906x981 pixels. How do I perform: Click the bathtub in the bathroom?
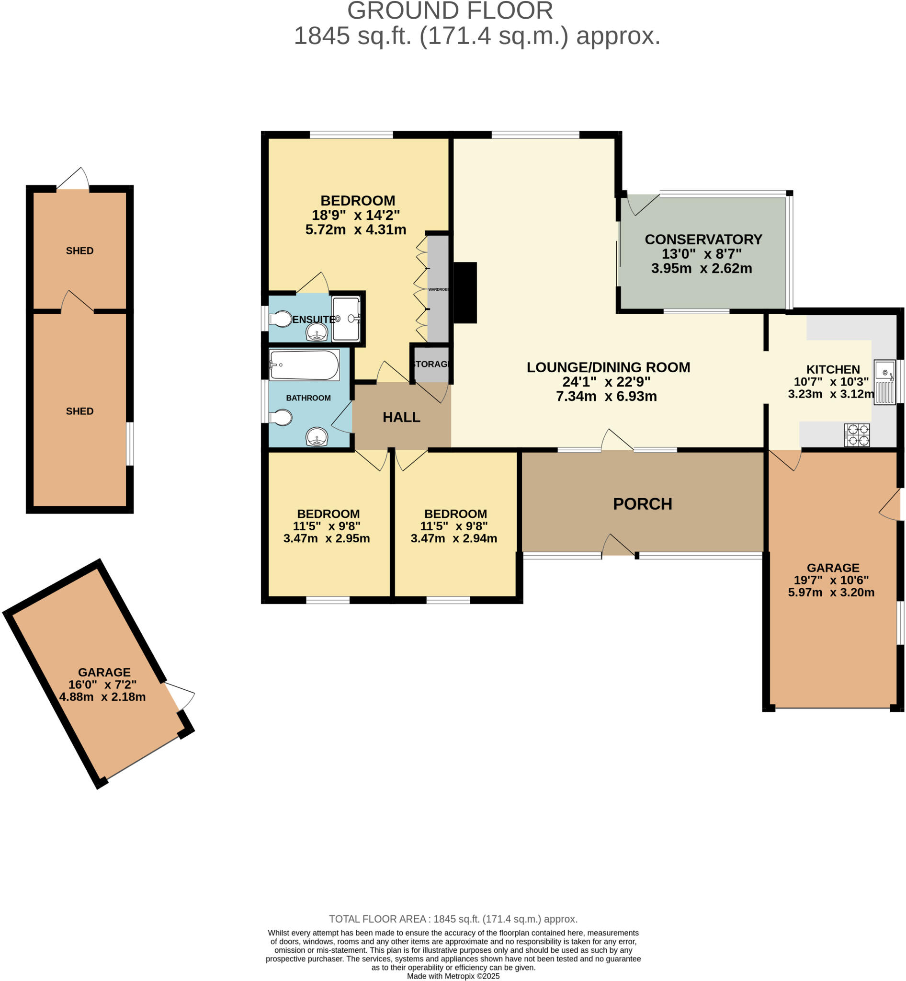tap(304, 365)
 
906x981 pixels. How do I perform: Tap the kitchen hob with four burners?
tap(857, 434)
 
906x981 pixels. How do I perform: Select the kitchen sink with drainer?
tap(884, 382)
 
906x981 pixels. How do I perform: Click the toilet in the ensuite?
tap(281, 319)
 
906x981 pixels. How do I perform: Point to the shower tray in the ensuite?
tap(346, 319)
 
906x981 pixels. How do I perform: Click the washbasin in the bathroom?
tap(317, 436)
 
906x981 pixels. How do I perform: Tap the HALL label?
tap(401, 417)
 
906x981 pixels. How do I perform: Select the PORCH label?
tap(642, 504)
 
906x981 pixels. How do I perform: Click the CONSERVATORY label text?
tap(703, 240)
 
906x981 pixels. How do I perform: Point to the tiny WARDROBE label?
tap(438, 289)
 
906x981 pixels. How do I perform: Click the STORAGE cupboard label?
tap(431, 364)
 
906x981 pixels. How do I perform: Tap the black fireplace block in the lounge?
tap(465, 293)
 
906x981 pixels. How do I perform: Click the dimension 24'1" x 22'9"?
tap(606, 382)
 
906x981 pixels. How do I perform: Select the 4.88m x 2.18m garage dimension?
tap(102, 697)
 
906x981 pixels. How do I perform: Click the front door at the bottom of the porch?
tap(619, 546)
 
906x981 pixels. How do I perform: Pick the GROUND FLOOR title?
tap(450, 11)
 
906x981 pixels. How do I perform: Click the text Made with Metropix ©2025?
tap(453, 976)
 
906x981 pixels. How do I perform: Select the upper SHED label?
tap(79, 251)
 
